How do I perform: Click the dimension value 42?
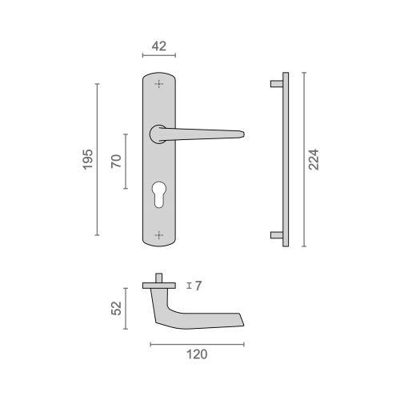pos(159,46)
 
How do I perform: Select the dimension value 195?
pos(87,159)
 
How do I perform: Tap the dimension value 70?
pos(116,161)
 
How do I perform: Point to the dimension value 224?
pos(314,159)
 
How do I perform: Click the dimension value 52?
pos(116,308)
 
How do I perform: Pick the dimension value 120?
pos(197,354)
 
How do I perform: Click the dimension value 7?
pos(198,286)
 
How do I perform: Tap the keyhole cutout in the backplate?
pos(159,194)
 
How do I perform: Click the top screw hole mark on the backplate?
pos(159,84)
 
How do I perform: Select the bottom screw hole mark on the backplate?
pos(159,235)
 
